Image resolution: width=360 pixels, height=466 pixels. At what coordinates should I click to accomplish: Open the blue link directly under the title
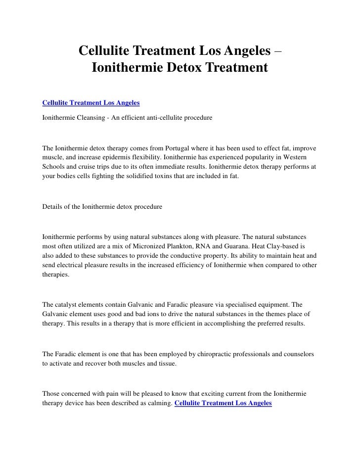(91, 103)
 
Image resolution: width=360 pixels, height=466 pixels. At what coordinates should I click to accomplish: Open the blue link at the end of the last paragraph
(224, 403)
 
